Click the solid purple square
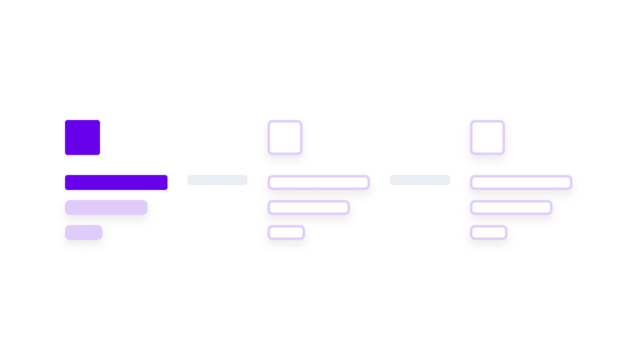(82, 137)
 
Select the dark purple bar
(116, 182)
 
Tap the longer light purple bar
(106, 207)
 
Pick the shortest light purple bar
(84, 232)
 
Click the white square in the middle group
(285, 137)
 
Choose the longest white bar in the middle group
(319, 182)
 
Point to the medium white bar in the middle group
(309, 207)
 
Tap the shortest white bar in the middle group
(286, 232)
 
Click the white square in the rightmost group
(487, 137)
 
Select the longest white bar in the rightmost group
(521, 182)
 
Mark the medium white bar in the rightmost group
(511, 207)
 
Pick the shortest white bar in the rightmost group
(489, 232)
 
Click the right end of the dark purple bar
(165, 182)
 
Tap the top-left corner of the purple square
(67, 122)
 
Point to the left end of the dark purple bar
(67, 182)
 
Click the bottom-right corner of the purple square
(98, 153)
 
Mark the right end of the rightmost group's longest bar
(568, 182)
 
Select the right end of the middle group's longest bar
(366, 182)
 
